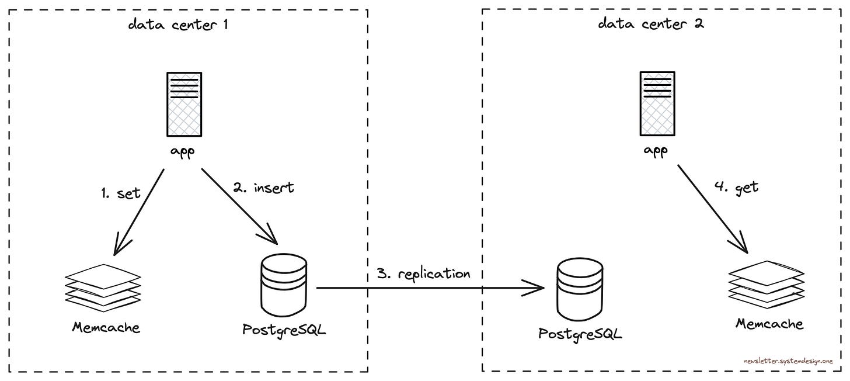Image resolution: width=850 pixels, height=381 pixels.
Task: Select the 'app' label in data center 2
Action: (x=656, y=150)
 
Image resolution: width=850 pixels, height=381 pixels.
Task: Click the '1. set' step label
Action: (x=120, y=192)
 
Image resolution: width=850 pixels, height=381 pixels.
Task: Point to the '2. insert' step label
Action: (x=264, y=188)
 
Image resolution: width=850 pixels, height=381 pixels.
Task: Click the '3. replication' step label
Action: (x=423, y=273)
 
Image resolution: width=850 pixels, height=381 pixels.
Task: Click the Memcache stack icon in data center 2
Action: (x=766, y=285)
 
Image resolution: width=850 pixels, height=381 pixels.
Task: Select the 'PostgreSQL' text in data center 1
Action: (x=284, y=330)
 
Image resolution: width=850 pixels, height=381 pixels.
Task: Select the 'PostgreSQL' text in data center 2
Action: (x=580, y=334)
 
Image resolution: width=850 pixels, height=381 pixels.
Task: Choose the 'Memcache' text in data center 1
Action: (x=106, y=327)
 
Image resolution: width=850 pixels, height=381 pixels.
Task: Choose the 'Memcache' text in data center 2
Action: (x=769, y=323)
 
